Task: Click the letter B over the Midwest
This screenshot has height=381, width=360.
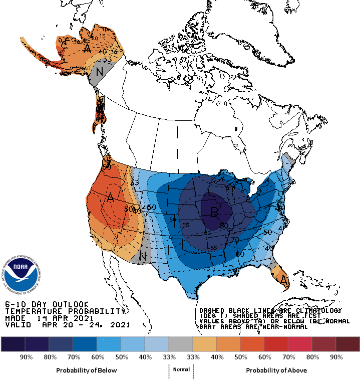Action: coord(214,213)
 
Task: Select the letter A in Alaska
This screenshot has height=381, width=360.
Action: coord(88,48)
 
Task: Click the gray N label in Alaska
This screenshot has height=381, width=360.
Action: coord(100,72)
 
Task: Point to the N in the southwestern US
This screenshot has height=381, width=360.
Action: coord(143,256)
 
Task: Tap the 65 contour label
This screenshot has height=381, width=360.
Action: coord(214,248)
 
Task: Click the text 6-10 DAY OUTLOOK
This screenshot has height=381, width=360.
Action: coord(47,304)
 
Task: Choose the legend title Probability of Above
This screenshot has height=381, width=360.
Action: coord(276,370)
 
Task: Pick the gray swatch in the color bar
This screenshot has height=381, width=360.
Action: coord(180,343)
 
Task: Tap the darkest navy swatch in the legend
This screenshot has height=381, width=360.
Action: coord(13,343)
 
